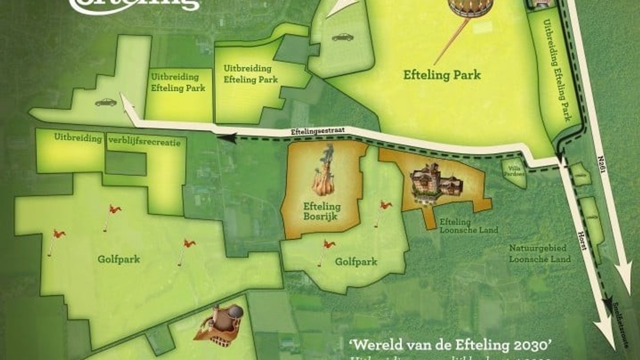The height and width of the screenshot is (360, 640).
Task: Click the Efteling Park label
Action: pos(442,75)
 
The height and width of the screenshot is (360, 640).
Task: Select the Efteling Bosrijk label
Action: pos(322,211)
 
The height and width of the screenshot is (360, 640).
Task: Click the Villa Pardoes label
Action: pos(515,171)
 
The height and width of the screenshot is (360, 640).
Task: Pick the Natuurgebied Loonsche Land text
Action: pos(540,254)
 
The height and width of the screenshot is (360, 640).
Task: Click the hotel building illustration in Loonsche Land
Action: pos(436,184)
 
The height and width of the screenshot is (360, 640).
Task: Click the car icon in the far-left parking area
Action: pos(106,102)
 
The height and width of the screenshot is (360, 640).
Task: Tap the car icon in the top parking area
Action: pos(342,37)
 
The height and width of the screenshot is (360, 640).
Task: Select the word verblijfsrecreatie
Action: pos(144,142)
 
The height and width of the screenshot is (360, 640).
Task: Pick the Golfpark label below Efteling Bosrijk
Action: pos(356,262)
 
